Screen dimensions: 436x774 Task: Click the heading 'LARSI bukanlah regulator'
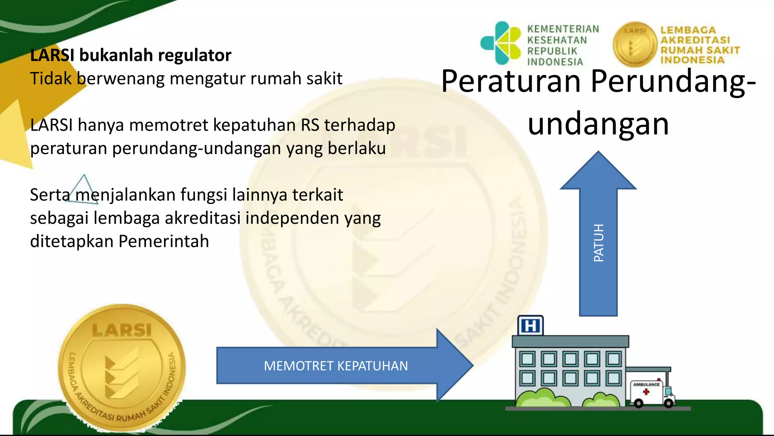click(x=130, y=55)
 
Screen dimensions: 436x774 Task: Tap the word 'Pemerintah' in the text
click(x=164, y=241)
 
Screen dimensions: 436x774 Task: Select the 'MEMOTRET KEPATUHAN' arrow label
click(x=336, y=366)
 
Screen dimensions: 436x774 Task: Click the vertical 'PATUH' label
click(x=599, y=243)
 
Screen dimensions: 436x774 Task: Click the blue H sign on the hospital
click(x=531, y=326)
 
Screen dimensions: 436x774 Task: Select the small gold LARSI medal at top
click(x=635, y=44)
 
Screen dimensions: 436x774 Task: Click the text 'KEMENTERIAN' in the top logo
click(x=563, y=29)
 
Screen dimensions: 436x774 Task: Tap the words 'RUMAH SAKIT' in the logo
click(x=700, y=50)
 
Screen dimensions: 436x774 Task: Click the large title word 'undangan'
click(x=598, y=124)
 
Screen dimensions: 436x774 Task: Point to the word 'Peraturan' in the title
click(x=511, y=81)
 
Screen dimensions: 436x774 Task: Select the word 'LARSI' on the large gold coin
click(x=122, y=330)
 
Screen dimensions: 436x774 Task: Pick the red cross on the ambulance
click(x=646, y=392)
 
